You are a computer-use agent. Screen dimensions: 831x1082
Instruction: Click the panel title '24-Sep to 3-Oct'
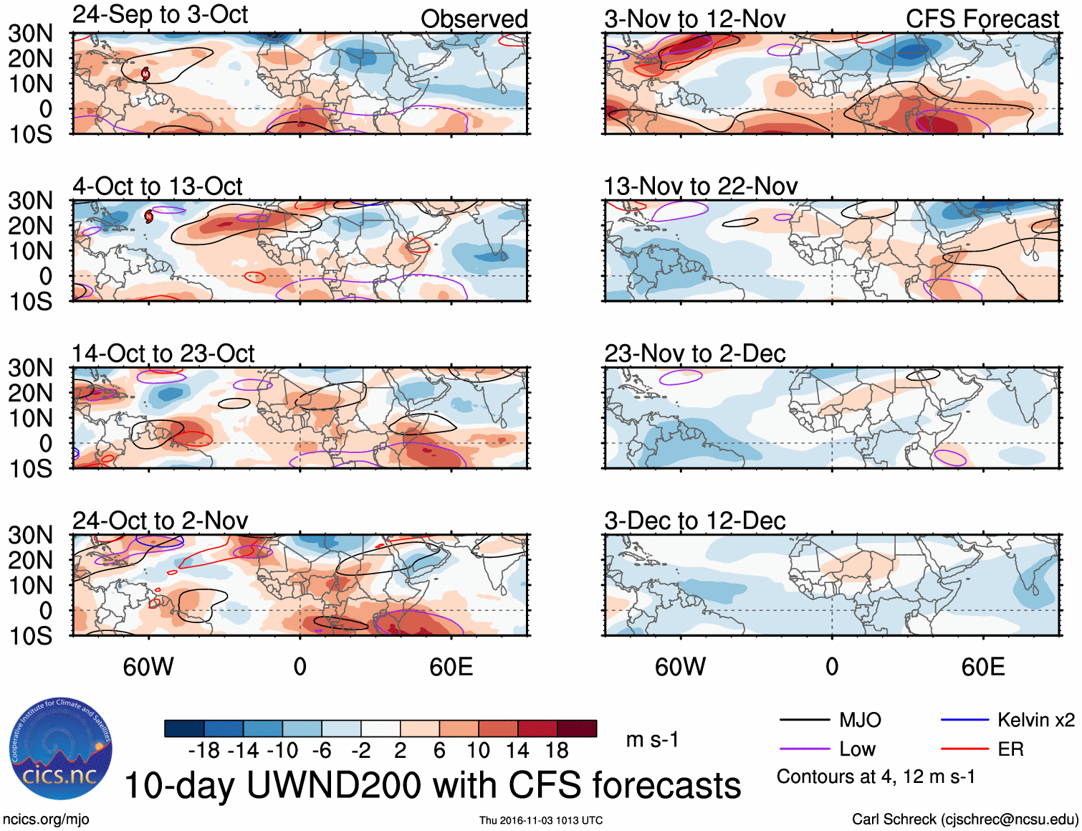160,15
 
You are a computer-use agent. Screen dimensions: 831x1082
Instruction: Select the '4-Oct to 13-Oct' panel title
158,186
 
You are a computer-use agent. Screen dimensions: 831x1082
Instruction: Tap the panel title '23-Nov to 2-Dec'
694,353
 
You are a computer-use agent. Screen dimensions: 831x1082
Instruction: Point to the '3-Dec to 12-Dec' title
694,521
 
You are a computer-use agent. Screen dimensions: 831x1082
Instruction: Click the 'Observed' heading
474,19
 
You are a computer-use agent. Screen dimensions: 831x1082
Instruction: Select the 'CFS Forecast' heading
982,19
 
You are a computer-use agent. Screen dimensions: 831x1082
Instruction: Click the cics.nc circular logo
61,749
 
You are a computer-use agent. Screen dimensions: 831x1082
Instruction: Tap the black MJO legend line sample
804,720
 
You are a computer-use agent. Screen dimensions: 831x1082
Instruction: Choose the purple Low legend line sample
804,749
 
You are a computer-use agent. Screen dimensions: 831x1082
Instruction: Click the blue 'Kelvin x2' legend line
964,720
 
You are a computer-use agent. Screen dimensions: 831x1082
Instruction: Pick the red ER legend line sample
964,749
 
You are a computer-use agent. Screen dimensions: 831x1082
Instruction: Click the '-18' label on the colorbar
204,751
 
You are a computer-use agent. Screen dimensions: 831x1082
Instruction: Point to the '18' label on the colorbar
557,751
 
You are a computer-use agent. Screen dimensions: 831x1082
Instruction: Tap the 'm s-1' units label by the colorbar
652,739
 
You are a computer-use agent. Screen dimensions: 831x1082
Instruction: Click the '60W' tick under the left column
148,667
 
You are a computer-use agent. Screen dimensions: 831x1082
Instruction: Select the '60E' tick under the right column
982,667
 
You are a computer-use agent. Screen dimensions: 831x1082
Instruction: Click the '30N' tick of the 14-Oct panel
30,368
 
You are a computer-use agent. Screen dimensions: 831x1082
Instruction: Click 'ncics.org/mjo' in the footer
46,820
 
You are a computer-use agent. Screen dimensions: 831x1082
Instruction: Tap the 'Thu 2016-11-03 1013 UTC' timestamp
541,820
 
